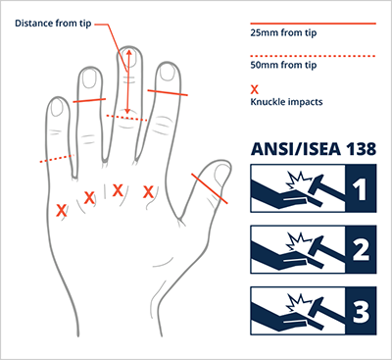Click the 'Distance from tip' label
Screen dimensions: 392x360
[x=53, y=24]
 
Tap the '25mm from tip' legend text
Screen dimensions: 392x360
[x=283, y=32]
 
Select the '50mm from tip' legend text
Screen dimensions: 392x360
[x=283, y=65]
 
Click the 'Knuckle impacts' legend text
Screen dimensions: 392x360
[x=286, y=102]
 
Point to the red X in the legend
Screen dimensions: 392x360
[x=254, y=89]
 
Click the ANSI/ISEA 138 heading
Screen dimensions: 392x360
[x=314, y=149]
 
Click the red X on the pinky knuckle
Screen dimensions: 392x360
[x=61, y=210]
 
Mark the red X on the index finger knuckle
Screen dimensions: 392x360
[x=149, y=192]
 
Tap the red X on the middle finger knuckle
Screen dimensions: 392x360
[x=118, y=190]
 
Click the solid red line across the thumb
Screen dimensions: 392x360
[x=210, y=188]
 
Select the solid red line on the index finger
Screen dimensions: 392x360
[x=168, y=92]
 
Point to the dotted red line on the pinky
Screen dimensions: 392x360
[x=57, y=159]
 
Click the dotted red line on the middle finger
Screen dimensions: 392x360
[x=126, y=118]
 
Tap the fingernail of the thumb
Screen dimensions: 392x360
[x=222, y=175]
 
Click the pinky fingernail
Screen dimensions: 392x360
[x=58, y=107]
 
